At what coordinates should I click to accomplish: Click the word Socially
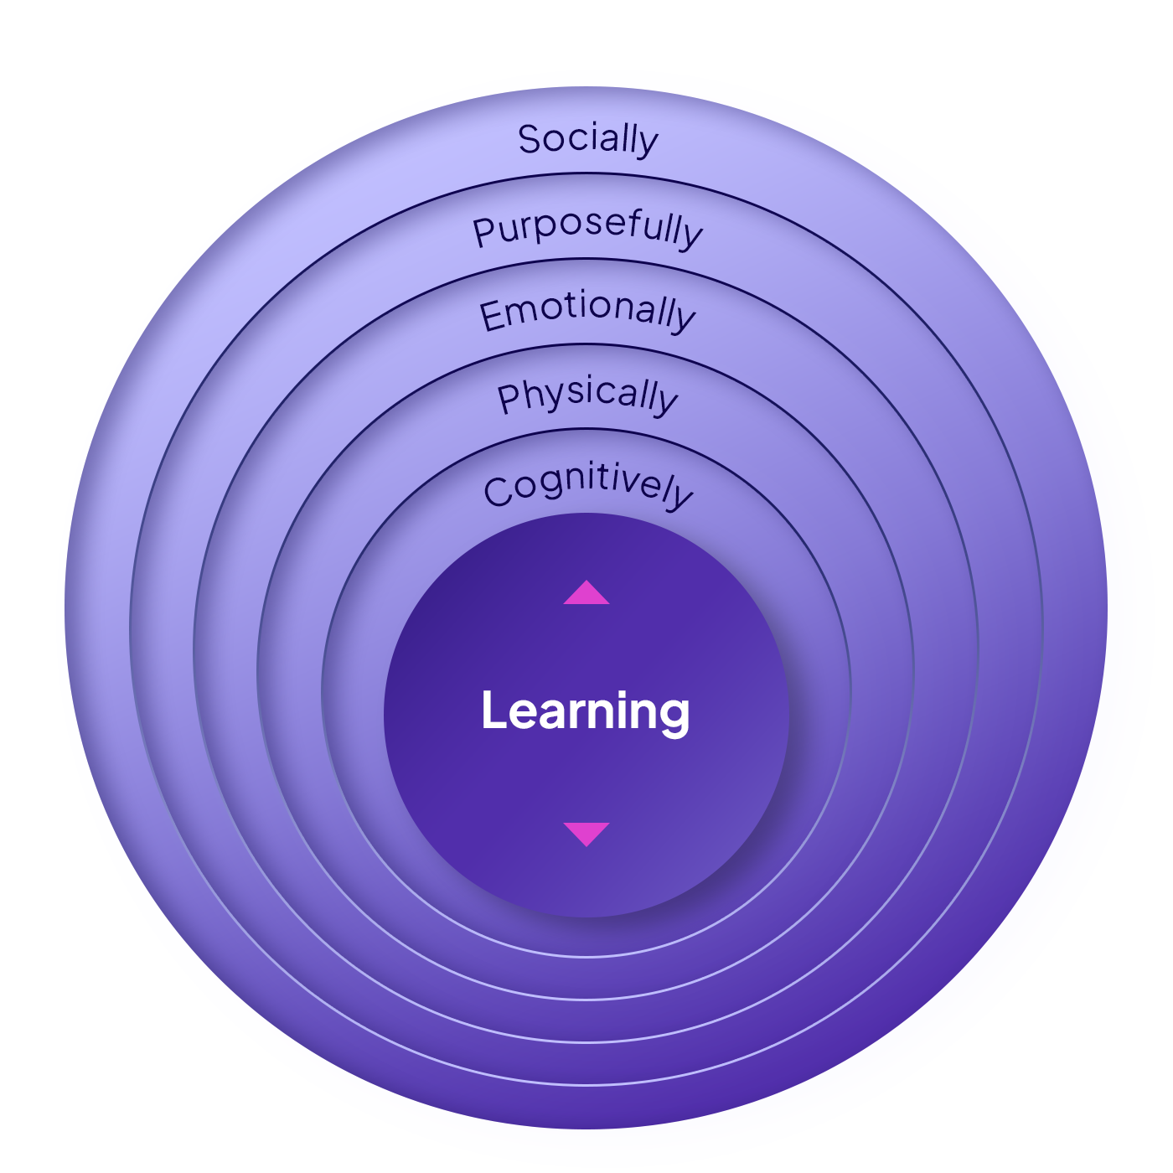pos(587,139)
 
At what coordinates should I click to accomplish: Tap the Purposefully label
pos(587,228)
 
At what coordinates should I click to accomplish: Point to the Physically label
pos(587,395)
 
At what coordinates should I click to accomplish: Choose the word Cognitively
pos(588,486)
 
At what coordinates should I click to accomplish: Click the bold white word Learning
pos(586,711)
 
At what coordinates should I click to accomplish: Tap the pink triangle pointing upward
pos(586,592)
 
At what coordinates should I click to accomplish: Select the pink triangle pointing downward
pos(586,834)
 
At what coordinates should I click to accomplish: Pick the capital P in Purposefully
pos(484,232)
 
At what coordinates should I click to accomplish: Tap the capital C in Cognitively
pos(499,492)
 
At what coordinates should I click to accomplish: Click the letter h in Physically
pos(530,394)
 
